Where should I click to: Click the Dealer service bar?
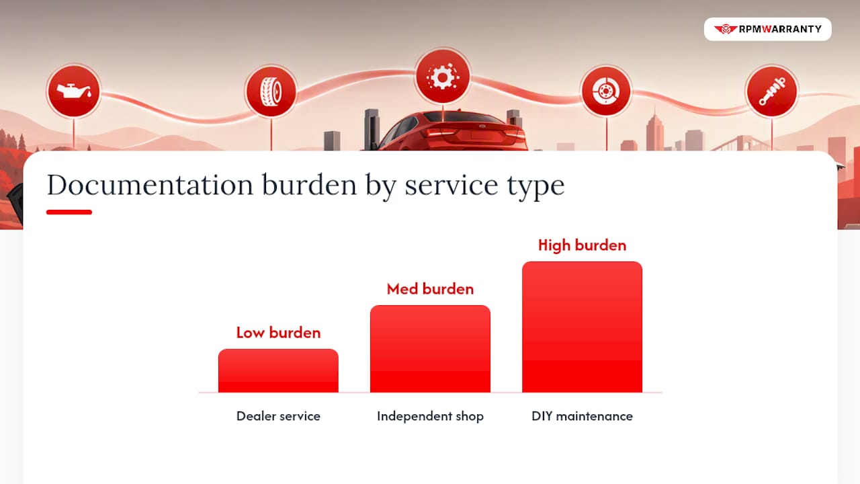pyautogui.click(x=278, y=370)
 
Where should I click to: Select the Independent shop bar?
pyautogui.click(x=430, y=349)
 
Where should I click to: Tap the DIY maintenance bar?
pyautogui.click(x=582, y=327)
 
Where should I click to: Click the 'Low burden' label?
pyautogui.click(x=278, y=333)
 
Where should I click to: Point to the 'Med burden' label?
pyautogui.click(x=430, y=289)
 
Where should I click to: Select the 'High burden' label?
pyautogui.click(x=582, y=245)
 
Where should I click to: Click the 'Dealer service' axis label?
pyautogui.click(x=278, y=416)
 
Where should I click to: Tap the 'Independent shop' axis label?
pyautogui.click(x=430, y=416)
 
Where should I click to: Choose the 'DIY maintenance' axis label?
pyautogui.click(x=582, y=416)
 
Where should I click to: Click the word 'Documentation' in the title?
pyautogui.click(x=150, y=185)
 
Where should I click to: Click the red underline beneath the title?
pyautogui.click(x=69, y=212)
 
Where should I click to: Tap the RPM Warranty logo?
pyautogui.click(x=768, y=29)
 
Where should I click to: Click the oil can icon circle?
pyautogui.click(x=74, y=91)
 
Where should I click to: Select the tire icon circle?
pyautogui.click(x=271, y=91)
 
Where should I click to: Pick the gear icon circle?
pyautogui.click(x=443, y=77)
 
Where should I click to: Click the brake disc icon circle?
pyautogui.click(x=606, y=91)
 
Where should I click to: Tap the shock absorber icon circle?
pyautogui.click(x=772, y=91)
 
